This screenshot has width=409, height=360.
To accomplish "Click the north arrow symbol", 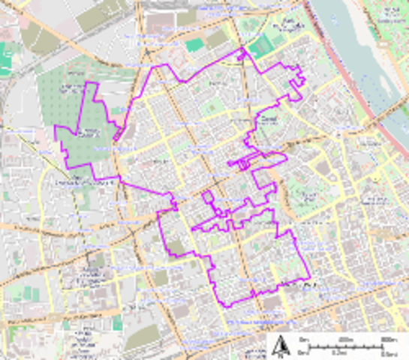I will coord(283,346).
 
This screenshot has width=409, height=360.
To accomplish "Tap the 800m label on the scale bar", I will coord(388,340).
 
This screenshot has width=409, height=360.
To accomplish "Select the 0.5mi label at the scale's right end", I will coord(388,354).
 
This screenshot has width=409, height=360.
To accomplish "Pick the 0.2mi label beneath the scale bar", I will coord(338,354).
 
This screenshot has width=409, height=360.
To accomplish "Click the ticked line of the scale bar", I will coord(345,346).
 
